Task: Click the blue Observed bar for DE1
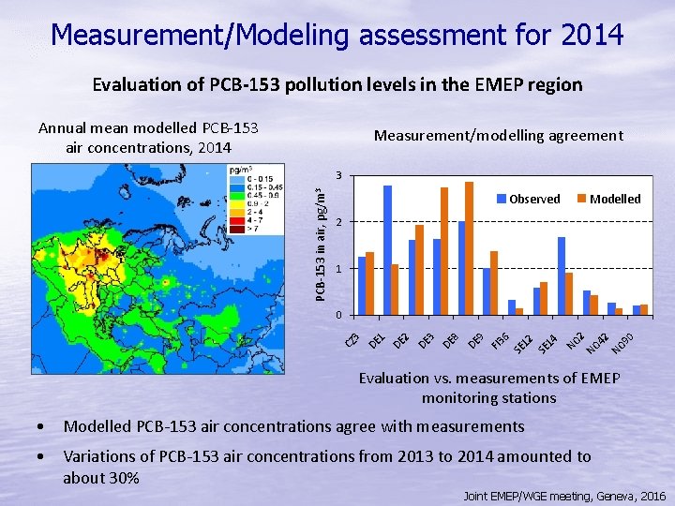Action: (x=387, y=249)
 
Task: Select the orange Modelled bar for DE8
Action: (x=469, y=248)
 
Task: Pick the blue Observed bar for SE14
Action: (x=562, y=275)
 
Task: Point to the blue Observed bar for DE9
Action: (x=486, y=291)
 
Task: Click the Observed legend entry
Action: (x=529, y=199)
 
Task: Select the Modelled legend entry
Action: (x=609, y=199)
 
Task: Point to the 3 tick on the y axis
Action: (x=339, y=176)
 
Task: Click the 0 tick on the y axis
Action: (x=339, y=315)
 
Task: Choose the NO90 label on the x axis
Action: (x=623, y=343)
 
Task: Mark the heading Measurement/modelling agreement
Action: (x=498, y=136)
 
